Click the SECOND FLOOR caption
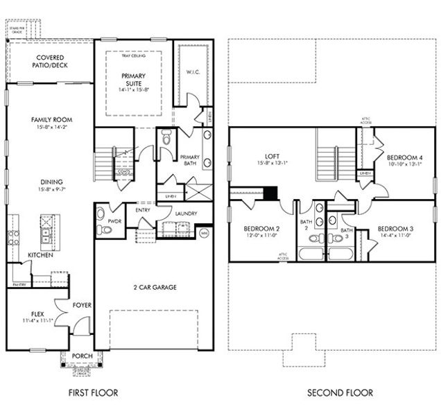tap(340, 393)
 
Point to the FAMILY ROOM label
tap(52, 120)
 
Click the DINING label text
tap(52, 182)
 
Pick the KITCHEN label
tap(41, 255)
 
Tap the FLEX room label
tap(37, 313)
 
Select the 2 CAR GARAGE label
tap(154, 287)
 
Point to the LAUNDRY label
tap(187, 214)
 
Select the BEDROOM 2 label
tap(261, 229)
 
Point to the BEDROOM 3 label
tap(395, 229)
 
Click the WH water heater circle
tap(204, 233)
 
